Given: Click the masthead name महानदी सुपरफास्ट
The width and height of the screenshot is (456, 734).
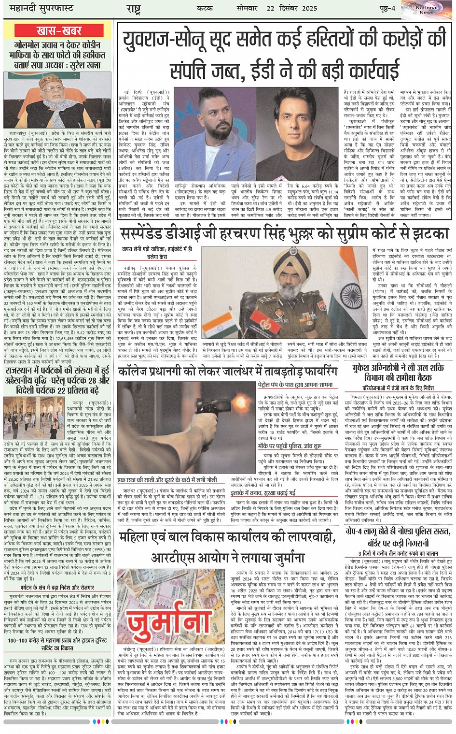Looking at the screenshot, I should click(38, 8).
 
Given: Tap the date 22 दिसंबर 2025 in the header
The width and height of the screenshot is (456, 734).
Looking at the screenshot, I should click(291, 8).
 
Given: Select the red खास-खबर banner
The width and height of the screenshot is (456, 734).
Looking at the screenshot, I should click(59, 31).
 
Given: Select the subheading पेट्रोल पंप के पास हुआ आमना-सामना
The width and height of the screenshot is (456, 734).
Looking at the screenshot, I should click(295, 385).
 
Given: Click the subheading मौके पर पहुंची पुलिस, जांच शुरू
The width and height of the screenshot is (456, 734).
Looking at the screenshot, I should click(290, 446).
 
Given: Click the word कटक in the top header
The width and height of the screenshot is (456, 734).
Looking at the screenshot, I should click(205, 8).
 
